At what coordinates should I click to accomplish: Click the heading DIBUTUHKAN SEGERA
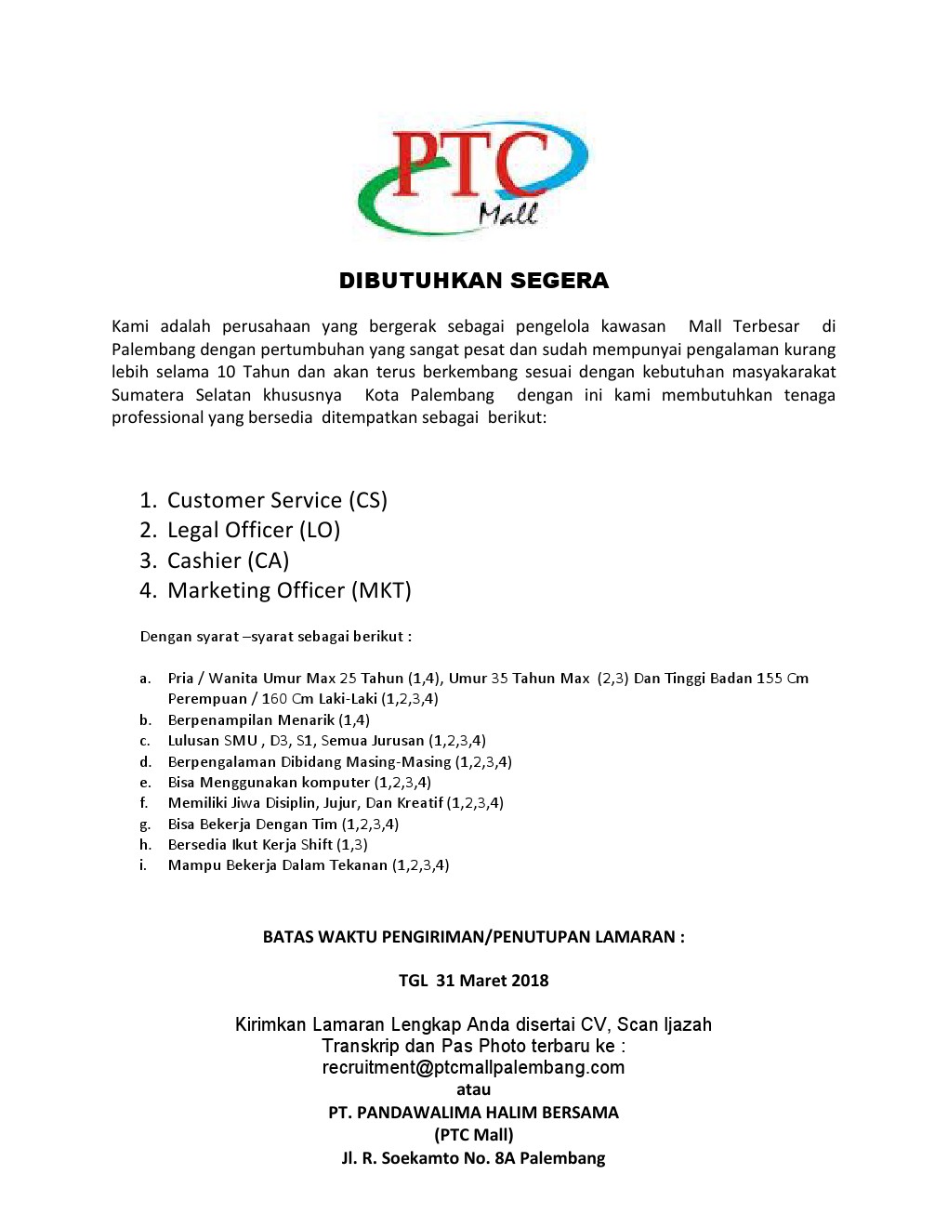[x=473, y=281]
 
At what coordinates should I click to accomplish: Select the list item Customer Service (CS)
[x=276, y=500]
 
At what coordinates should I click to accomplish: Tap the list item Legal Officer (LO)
[x=253, y=530]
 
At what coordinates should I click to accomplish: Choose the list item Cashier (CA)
[x=228, y=561]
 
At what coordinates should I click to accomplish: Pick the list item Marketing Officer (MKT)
[x=288, y=590]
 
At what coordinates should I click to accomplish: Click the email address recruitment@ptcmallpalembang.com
[x=473, y=1067]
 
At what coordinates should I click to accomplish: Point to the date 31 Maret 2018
[x=492, y=980]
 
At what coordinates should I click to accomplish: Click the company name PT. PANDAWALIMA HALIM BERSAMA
[x=473, y=1112]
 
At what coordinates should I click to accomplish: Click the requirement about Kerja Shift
[x=267, y=844]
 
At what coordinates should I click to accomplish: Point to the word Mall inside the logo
[x=507, y=215]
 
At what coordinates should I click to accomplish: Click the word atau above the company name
[x=473, y=1088]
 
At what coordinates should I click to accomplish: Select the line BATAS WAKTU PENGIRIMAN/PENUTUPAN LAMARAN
[x=473, y=936]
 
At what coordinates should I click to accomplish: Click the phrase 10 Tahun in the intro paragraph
[x=253, y=372]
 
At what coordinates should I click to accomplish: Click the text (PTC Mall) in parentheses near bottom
[x=473, y=1134]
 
